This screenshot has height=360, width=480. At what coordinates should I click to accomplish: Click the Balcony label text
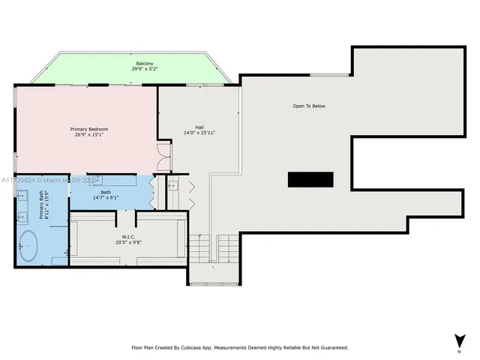pyautogui.click(x=145, y=64)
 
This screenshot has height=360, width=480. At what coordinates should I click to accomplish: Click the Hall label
pyautogui.click(x=199, y=127)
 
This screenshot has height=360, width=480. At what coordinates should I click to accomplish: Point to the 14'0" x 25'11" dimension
pyautogui.click(x=199, y=133)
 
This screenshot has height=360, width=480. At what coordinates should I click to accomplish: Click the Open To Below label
pyautogui.click(x=309, y=106)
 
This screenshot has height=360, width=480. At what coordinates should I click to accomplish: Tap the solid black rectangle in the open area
pyautogui.click(x=310, y=179)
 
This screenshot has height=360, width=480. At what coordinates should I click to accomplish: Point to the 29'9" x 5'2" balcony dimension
pyautogui.click(x=145, y=70)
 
